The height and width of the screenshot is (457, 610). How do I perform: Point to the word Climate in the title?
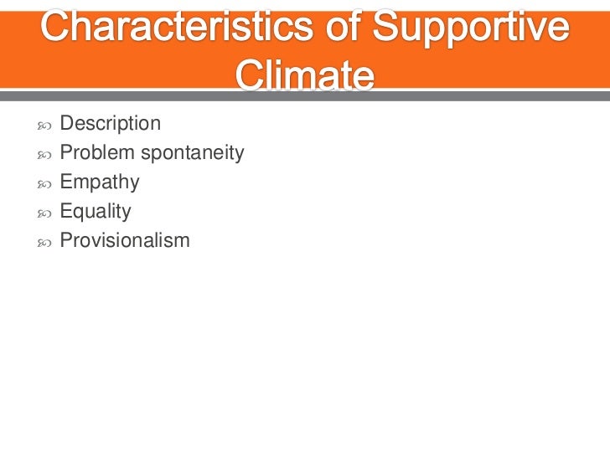304,77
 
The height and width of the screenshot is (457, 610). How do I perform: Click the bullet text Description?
110,124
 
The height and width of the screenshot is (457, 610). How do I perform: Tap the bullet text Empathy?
100,182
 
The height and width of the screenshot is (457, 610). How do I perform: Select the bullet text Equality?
96,212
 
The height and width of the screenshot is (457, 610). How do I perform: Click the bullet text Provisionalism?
125,241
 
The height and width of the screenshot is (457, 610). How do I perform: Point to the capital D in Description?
67,124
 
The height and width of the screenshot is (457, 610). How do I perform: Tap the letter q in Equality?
79,213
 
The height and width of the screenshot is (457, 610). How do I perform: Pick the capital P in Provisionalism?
66,241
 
